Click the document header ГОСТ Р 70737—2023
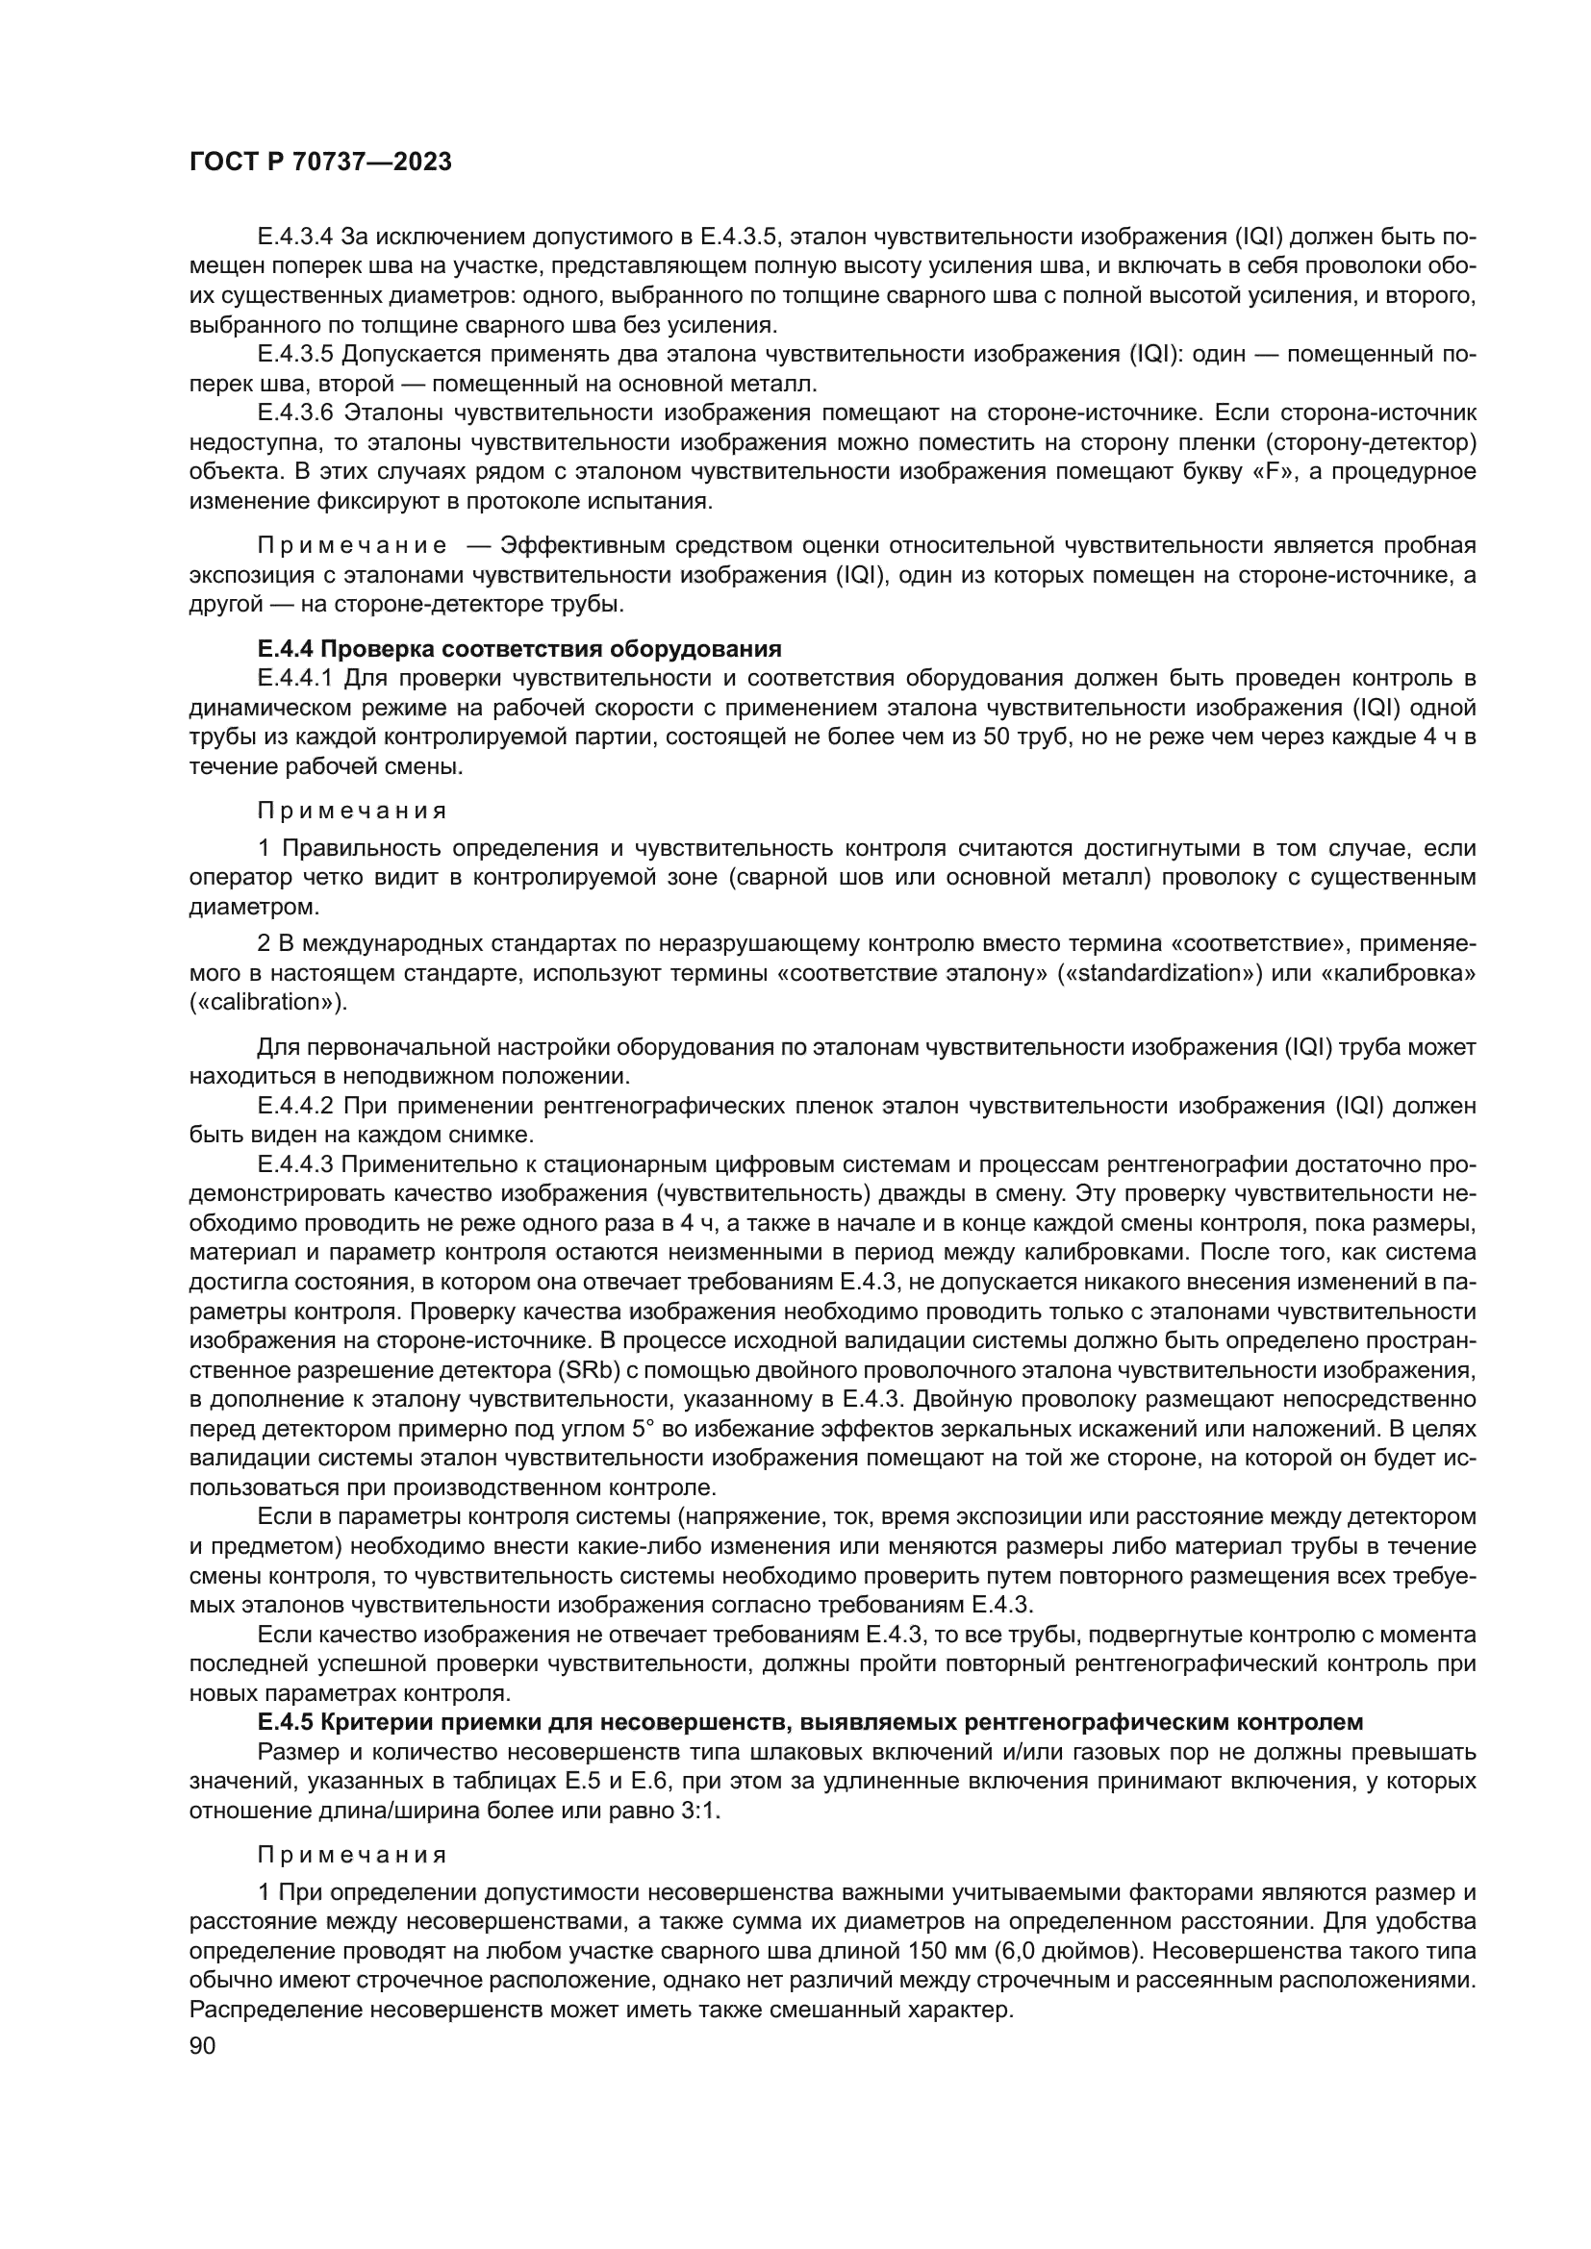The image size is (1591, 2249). click(320, 162)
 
